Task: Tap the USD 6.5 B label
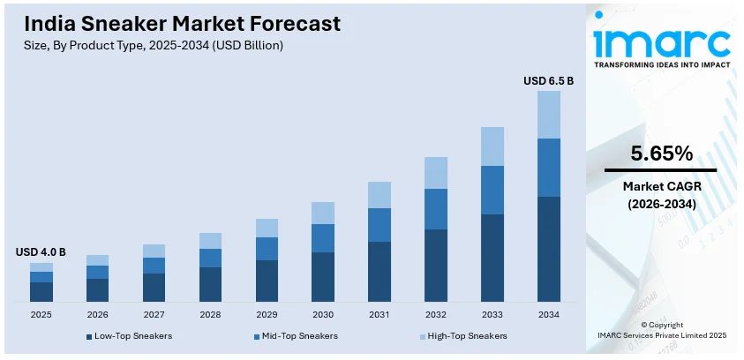[548, 80]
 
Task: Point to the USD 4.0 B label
[41, 252]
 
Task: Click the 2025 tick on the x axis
[41, 314]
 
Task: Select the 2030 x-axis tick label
[323, 314]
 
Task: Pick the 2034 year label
[548, 314]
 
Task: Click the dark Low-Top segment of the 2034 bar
[548, 249]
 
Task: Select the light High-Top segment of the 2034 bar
[548, 115]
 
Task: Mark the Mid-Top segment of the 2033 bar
[492, 190]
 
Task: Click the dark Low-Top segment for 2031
[380, 271]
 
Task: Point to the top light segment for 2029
[267, 228]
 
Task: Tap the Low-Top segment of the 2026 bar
[97, 289]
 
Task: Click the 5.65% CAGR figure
[660, 153]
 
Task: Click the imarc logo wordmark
[661, 41]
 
